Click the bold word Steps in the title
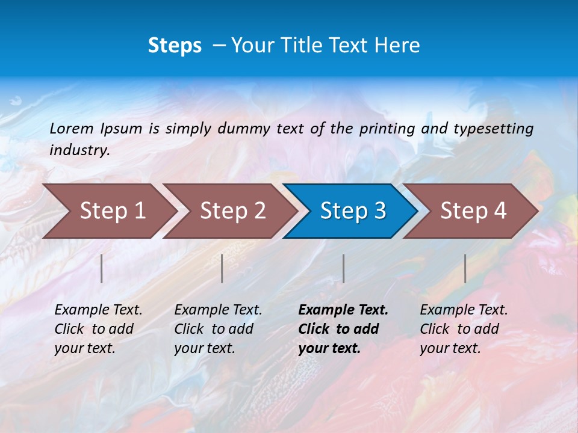(x=175, y=46)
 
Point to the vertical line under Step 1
(x=102, y=268)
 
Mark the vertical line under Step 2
(x=222, y=268)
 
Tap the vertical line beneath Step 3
(x=344, y=268)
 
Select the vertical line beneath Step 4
(x=465, y=268)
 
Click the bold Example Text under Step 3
(x=343, y=328)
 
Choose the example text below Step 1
(x=98, y=328)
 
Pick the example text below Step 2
(x=218, y=328)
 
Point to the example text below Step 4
(x=464, y=328)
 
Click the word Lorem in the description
(x=72, y=128)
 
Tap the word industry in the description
(x=79, y=150)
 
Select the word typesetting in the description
(x=493, y=128)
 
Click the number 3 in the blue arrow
(x=379, y=210)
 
